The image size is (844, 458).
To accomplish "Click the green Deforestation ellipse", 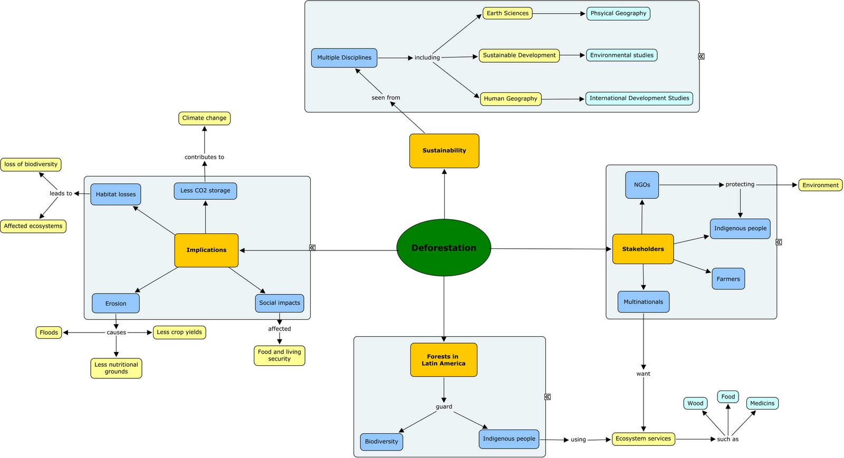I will tap(444, 248).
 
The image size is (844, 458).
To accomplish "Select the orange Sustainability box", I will tap(444, 151).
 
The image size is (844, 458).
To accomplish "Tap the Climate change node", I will tap(204, 118).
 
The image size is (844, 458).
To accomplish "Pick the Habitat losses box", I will tap(116, 194).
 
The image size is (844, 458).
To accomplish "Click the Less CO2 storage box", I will tap(205, 191).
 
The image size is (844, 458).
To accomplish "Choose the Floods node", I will tap(49, 333).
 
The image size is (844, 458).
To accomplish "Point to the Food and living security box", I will tap(279, 355).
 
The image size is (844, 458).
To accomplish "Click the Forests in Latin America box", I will tap(444, 360).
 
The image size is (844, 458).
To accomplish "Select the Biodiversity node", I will tap(381, 442).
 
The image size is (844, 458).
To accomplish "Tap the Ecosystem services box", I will tap(643, 438).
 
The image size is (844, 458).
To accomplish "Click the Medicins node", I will tap(762, 403).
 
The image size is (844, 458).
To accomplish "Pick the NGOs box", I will tap(642, 185).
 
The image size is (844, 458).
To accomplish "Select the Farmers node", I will tap(728, 279).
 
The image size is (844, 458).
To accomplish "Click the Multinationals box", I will tap(643, 302).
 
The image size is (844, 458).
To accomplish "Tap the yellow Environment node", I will tap(820, 185).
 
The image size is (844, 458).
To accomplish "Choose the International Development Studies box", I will tap(639, 98).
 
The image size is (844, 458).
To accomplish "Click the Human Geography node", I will tap(510, 99).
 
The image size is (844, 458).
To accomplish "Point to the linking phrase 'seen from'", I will tap(386, 98).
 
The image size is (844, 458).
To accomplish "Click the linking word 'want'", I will tap(643, 374).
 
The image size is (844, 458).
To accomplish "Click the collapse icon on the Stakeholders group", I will tap(779, 242).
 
